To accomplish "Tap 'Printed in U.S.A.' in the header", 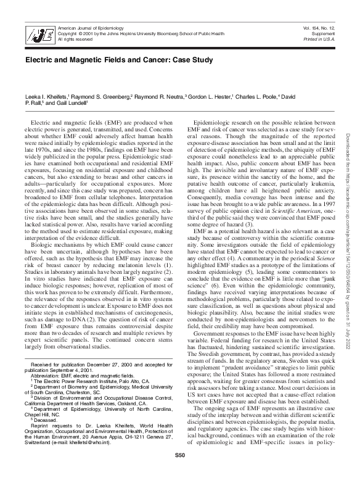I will tap(321, 39).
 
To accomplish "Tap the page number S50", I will tap(179, 472).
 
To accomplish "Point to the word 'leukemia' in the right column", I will tap(314, 199).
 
